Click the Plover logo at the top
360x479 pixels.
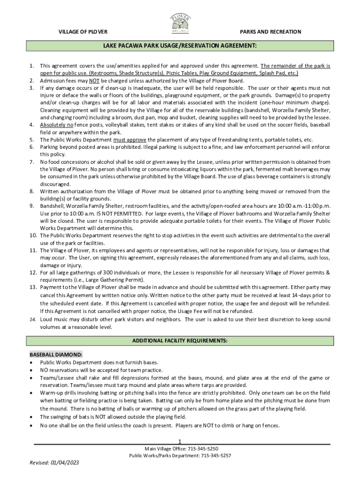click(x=180, y=23)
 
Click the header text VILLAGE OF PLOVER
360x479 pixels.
click(x=83, y=32)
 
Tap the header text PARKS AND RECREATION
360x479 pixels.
click(x=270, y=32)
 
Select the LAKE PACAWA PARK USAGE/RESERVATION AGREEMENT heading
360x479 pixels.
click(x=180, y=46)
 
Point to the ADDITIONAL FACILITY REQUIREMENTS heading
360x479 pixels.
click(x=180, y=341)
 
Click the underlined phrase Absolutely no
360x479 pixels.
click(x=57, y=125)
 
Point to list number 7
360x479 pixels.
click(x=31, y=161)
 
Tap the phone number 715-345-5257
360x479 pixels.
click(x=216, y=455)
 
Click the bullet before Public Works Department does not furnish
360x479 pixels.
click(x=31, y=363)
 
